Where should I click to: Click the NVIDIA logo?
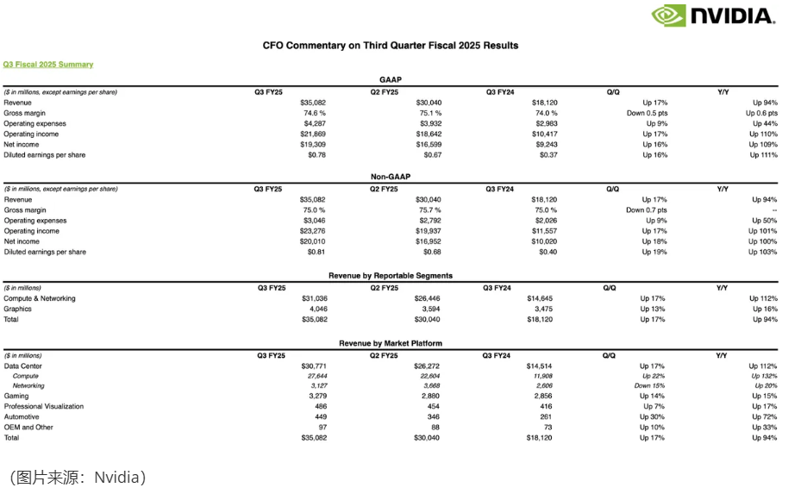[713, 16]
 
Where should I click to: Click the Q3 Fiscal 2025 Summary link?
[48, 65]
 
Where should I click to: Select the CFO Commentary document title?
[391, 45]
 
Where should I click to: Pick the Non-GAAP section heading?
[390, 176]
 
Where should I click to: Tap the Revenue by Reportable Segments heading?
[390, 276]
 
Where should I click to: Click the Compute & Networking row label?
[40, 298]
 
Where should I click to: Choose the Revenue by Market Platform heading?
[390, 343]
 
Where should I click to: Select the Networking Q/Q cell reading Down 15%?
[649, 386]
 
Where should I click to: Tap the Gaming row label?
[16, 397]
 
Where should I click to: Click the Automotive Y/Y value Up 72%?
[764, 417]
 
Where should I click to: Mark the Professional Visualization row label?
[44, 407]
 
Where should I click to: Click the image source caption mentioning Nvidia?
[78, 477]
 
